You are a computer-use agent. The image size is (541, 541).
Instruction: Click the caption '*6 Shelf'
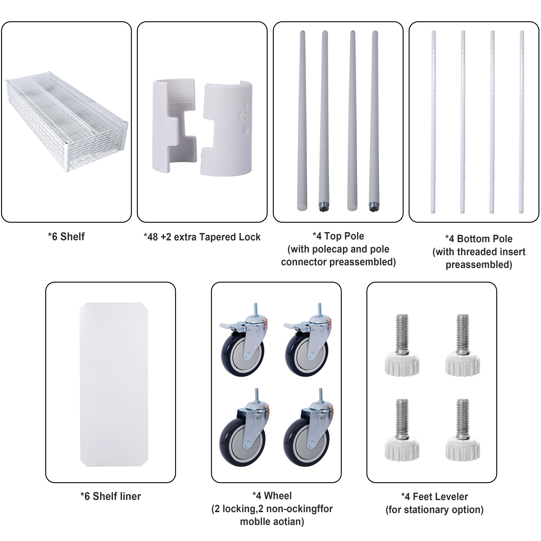(x=66, y=237)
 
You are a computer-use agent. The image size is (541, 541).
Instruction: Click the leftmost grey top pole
(x=302, y=120)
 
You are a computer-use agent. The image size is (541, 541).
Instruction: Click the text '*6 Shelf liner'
(x=111, y=496)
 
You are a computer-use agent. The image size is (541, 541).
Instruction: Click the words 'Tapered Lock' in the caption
(x=230, y=237)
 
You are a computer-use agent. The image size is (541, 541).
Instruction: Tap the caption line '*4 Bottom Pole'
(x=479, y=239)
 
